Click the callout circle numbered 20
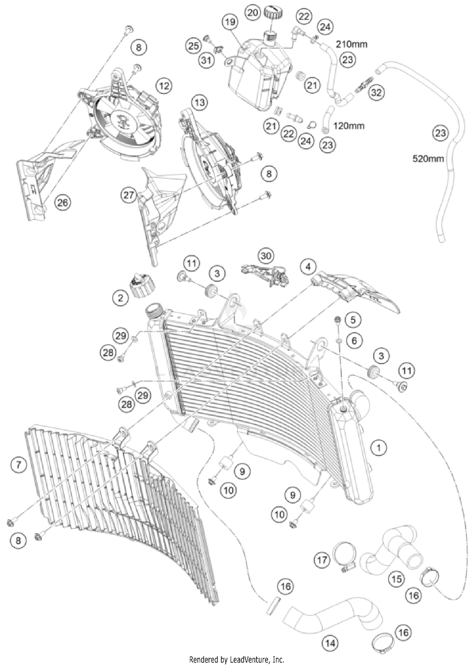[x=253, y=13]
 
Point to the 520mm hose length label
[x=428, y=158]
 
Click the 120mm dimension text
[x=349, y=126]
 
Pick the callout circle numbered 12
[x=164, y=86]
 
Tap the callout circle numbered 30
[x=266, y=256]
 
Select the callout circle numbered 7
[x=18, y=465]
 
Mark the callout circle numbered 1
[x=378, y=447]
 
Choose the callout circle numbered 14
[x=330, y=643]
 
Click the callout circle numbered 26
[x=62, y=202]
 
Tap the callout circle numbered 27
[x=129, y=195]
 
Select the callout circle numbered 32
[x=376, y=93]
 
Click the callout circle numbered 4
[x=308, y=267]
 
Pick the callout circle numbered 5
[x=353, y=320]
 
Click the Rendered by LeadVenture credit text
[x=236, y=660]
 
